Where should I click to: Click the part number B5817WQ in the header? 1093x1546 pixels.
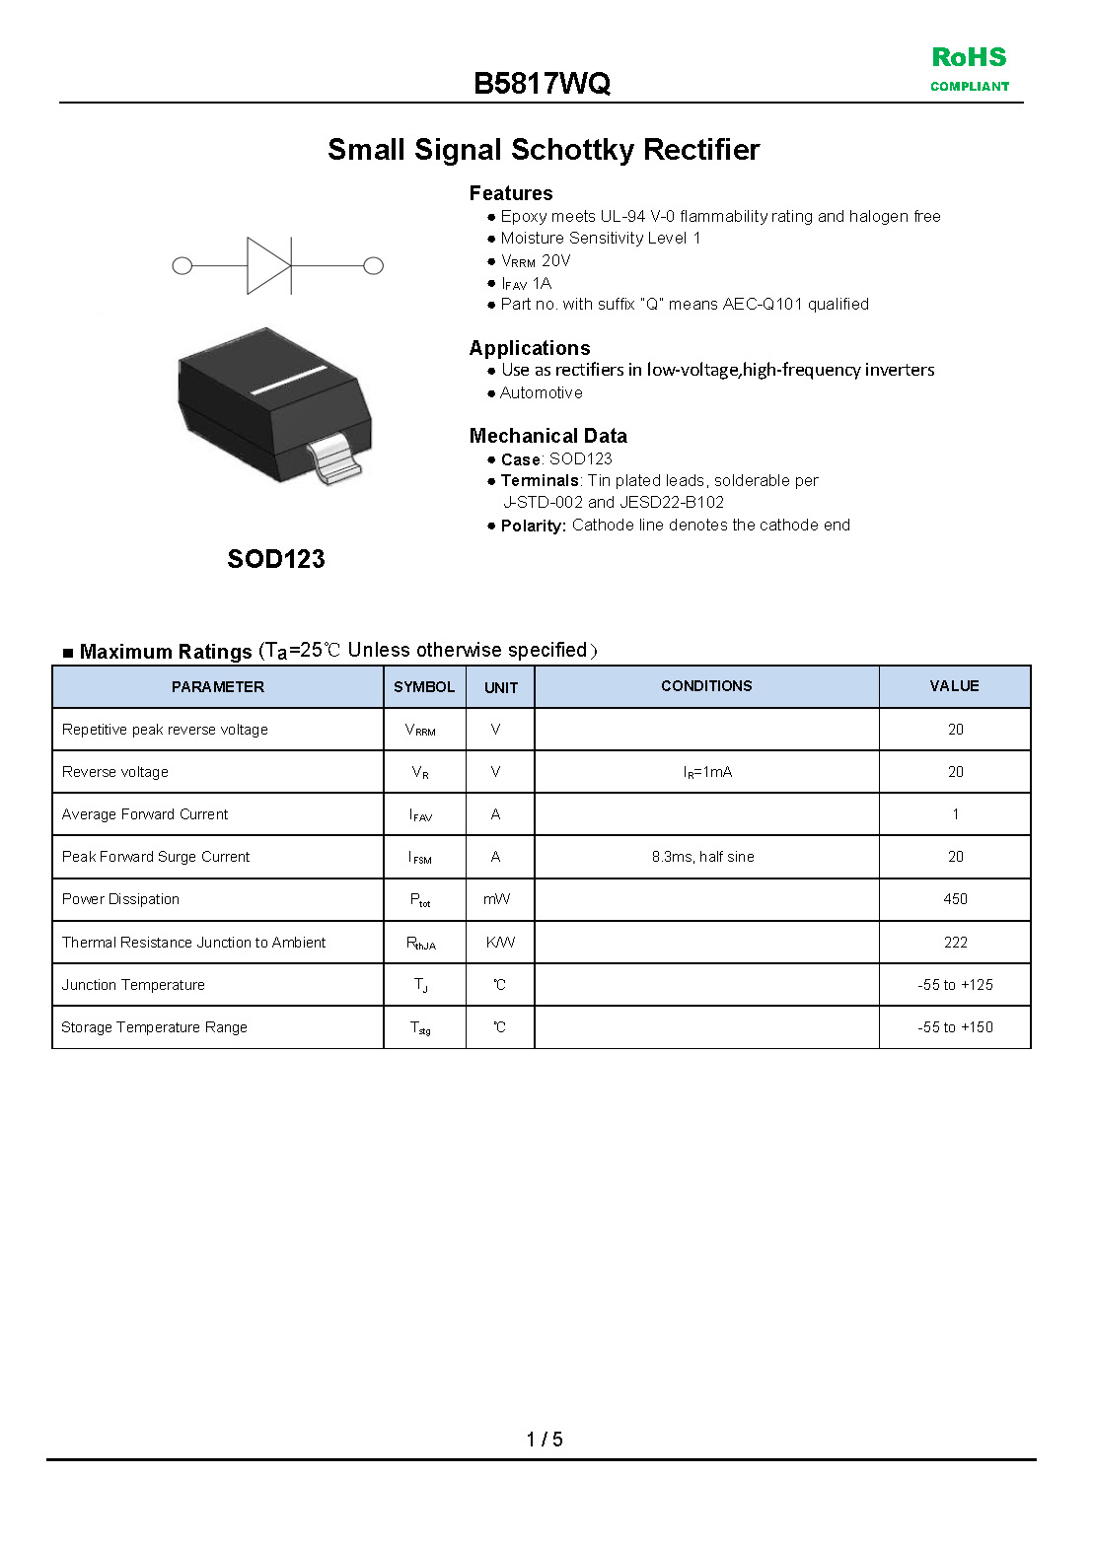click(542, 84)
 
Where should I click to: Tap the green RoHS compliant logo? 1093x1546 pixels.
click(970, 68)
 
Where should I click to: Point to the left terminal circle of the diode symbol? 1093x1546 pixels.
click(182, 265)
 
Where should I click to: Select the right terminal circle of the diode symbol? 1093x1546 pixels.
click(373, 265)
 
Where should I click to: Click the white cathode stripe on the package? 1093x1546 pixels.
click(288, 380)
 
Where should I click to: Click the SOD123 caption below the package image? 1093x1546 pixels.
click(276, 559)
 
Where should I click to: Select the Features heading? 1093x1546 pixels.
click(511, 193)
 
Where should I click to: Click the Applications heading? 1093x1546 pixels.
click(530, 348)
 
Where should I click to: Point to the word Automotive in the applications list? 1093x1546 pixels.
click(541, 392)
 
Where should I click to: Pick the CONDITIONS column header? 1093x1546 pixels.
click(706, 686)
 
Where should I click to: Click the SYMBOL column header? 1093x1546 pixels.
click(424, 687)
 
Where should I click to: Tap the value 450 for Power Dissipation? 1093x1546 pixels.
click(955, 899)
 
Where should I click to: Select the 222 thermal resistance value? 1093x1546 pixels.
click(955, 943)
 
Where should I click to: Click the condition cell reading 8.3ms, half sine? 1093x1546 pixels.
click(702, 857)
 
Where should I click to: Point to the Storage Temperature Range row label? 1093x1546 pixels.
click(155, 1027)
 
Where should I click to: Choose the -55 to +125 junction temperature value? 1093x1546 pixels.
click(955, 985)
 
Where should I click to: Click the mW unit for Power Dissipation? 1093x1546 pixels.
click(497, 899)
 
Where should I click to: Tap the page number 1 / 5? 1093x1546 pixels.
click(545, 1440)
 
